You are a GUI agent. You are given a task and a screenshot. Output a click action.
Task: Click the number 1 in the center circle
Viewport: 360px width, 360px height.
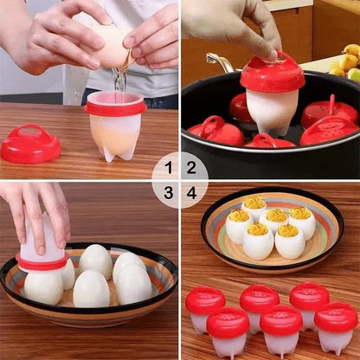[169, 168]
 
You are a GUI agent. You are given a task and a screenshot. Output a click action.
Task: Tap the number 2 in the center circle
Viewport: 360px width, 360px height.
[191, 168]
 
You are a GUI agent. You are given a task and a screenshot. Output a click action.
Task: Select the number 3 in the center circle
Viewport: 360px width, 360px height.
[169, 192]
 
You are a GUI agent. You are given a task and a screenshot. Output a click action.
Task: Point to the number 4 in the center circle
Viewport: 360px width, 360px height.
[191, 192]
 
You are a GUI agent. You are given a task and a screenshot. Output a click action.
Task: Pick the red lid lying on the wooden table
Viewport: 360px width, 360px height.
[30, 145]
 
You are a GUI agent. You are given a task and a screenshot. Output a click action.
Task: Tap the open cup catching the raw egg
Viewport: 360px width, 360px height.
[115, 126]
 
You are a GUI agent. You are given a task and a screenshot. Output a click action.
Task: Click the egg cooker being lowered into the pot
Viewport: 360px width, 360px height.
[272, 95]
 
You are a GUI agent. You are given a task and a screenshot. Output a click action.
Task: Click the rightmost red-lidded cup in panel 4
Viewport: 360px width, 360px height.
[336, 326]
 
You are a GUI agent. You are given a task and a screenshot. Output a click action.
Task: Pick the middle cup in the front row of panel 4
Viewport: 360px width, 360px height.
[281, 330]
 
